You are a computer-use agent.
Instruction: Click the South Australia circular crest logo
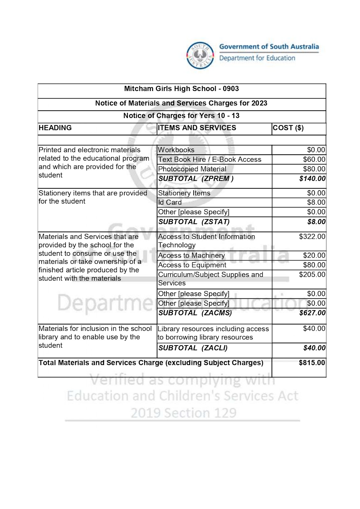pyautogui.click(x=200, y=56)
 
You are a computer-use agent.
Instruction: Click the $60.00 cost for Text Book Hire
pyautogui.click(x=314, y=159)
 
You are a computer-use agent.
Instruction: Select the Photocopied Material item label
pyautogui.click(x=192, y=169)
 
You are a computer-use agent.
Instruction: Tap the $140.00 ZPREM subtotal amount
pyautogui.click(x=312, y=179)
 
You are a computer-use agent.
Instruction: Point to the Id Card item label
pyautogui.click(x=170, y=203)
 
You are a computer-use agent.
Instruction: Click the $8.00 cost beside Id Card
pyautogui.click(x=316, y=203)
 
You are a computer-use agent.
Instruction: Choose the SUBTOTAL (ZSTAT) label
pyautogui.click(x=194, y=222)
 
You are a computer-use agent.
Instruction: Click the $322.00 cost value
pyautogui.click(x=312, y=237)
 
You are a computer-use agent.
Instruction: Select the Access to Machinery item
pyautogui.click(x=191, y=256)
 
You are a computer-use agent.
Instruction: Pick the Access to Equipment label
pyautogui.click(x=192, y=265)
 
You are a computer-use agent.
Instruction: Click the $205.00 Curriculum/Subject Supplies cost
pyautogui.click(x=312, y=275)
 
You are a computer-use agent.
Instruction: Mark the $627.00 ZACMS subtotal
pyautogui.click(x=312, y=313)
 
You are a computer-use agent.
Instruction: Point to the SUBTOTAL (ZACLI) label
pyautogui.click(x=193, y=348)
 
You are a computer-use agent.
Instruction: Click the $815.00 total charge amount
pyautogui.click(x=312, y=363)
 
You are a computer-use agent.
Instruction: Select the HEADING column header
pyautogui.click(x=55, y=128)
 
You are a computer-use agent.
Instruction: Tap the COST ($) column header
pyautogui.click(x=288, y=128)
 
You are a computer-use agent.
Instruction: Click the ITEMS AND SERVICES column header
pyautogui.click(x=197, y=128)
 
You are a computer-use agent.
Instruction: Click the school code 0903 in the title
pyautogui.click(x=231, y=89)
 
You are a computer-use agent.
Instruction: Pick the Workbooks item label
pyautogui.click(x=176, y=150)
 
